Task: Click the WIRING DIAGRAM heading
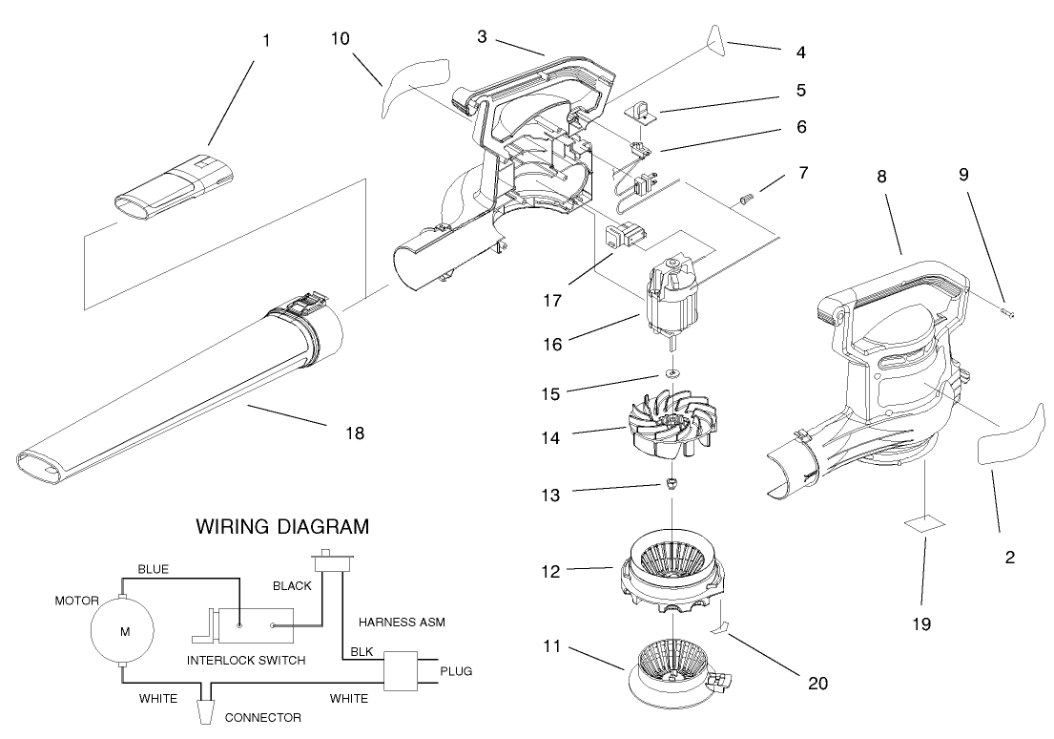coord(282,526)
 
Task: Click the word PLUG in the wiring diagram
coord(456,671)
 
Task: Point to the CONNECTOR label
coord(263,717)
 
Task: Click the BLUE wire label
coord(153,569)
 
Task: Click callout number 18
coord(354,433)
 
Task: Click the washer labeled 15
coord(672,371)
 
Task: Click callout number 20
coord(818,683)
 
